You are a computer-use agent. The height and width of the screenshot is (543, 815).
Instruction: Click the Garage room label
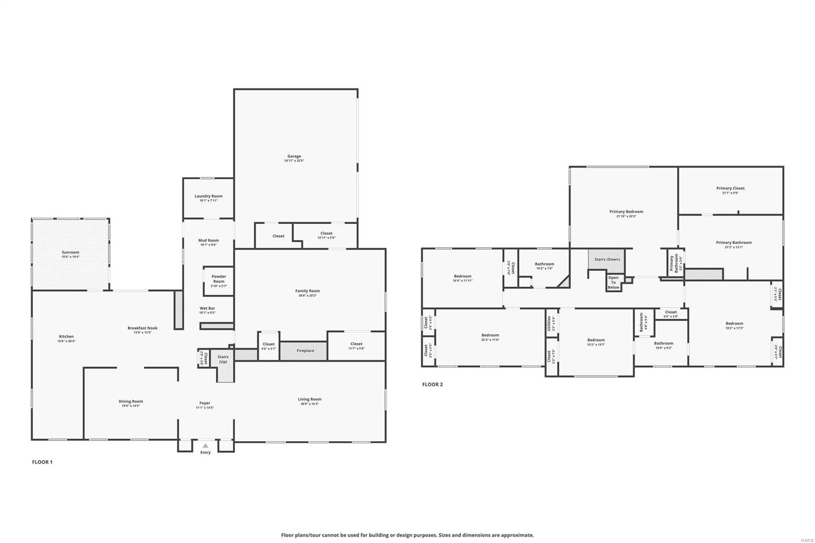[x=294, y=156]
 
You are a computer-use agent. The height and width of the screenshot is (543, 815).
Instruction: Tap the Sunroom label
[x=70, y=252]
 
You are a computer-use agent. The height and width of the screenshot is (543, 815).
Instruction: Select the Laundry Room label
[x=208, y=196]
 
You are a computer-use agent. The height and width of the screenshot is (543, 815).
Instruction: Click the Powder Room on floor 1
[x=219, y=279]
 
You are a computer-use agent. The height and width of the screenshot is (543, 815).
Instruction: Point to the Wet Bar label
[x=207, y=308]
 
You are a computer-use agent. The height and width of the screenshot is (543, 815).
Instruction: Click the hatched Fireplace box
[x=305, y=350]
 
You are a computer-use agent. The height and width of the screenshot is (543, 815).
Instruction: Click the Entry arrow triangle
[x=205, y=446]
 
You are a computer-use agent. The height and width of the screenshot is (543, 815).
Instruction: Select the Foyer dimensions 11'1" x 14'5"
[x=205, y=408]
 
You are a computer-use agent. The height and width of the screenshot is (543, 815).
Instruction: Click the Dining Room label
[x=130, y=401]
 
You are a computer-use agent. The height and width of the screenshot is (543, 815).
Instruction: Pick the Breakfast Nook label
[x=142, y=328]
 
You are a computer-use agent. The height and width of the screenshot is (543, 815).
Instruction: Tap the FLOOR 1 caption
[x=42, y=462]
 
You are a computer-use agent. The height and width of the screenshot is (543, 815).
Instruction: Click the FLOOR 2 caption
[x=432, y=384]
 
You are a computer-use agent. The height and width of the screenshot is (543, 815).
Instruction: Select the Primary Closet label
[x=730, y=188]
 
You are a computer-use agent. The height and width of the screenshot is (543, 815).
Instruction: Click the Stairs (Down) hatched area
[x=607, y=259]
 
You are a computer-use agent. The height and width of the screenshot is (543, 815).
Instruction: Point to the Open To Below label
[x=613, y=283]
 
